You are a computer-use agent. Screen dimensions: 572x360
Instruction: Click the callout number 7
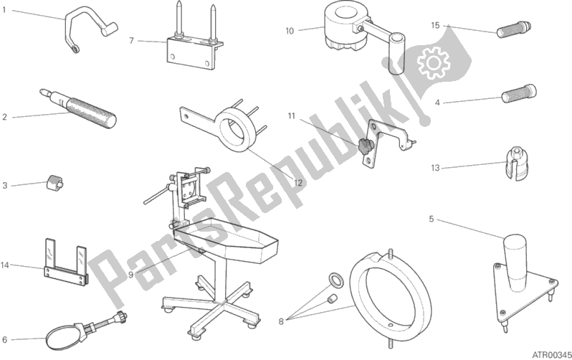click(x=132, y=41)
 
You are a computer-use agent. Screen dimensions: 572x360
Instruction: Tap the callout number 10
click(x=290, y=31)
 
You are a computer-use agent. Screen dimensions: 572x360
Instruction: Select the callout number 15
click(x=435, y=25)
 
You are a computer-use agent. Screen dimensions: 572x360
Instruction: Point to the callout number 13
click(x=435, y=168)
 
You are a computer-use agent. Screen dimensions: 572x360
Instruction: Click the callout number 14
click(x=5, y=265)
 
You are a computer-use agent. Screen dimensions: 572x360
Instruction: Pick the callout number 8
click(x=281, y=322)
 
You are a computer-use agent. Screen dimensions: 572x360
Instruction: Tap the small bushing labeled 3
click(x=54, y=181)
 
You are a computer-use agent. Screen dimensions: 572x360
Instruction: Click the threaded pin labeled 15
click(x=514, y=29)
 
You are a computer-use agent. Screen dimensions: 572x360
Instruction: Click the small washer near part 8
click(x=335, y=280)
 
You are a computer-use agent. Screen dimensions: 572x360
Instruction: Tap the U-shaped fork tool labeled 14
click(x=67, y=262)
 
